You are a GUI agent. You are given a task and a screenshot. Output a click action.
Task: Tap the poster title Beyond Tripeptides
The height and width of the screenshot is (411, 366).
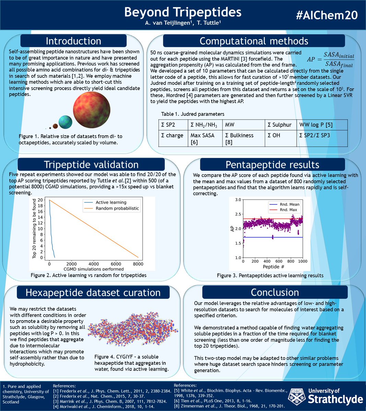pos(182,12)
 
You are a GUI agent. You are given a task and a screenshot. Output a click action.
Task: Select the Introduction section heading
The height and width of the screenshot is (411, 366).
pos(73,41)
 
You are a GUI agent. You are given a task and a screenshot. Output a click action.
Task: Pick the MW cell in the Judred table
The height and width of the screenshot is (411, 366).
pos(230,125)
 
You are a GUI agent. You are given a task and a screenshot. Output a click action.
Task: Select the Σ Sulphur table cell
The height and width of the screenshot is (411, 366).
pos(280,125)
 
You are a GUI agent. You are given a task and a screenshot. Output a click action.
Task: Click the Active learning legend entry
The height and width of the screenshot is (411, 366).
pos(111,202)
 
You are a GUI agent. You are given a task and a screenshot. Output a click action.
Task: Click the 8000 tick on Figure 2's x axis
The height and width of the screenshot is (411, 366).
pos(138,264)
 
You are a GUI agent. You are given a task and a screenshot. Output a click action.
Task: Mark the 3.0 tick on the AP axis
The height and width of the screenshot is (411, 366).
pos(237,199)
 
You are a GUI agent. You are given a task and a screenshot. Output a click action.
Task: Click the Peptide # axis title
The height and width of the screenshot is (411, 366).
pos(273,267)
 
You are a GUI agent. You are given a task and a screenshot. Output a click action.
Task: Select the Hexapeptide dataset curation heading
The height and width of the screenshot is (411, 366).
pos(93,293)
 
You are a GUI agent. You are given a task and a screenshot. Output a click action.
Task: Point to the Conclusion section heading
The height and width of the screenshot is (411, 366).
pos(275,292)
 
